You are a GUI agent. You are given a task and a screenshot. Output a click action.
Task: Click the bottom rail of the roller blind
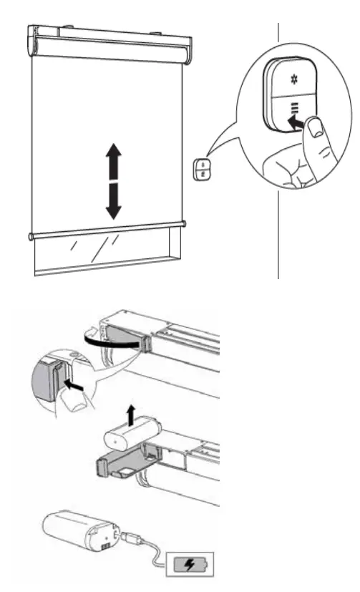coord(107,230)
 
